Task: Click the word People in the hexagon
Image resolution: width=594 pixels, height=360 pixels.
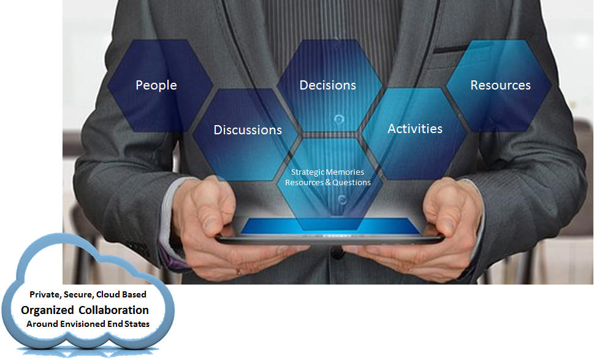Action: click(x=156, y=85)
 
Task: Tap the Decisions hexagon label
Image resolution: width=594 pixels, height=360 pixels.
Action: click(x=328, y=85)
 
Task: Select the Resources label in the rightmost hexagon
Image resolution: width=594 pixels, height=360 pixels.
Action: click(x=500, y=85)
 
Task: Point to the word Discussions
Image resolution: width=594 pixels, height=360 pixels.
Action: click(x=248, y=130)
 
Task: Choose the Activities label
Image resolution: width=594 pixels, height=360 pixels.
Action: click(x=415, y=129)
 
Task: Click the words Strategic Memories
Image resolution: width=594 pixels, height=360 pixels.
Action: click(x=328, y=172)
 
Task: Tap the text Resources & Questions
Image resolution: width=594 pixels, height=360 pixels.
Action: click(x=328, y=182)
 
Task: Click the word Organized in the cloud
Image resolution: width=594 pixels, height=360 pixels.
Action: click(x=47, y=310)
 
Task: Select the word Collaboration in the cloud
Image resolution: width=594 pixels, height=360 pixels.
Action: click(x=113, y=310)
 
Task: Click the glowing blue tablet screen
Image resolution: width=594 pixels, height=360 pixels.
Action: click(x=330, y=226)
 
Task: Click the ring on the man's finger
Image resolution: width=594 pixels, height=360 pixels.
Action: click(x=238, y=271)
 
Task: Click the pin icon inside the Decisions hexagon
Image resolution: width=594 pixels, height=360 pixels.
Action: click(x=338, y=119)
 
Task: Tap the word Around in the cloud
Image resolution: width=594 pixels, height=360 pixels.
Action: click(x=42, y=324)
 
